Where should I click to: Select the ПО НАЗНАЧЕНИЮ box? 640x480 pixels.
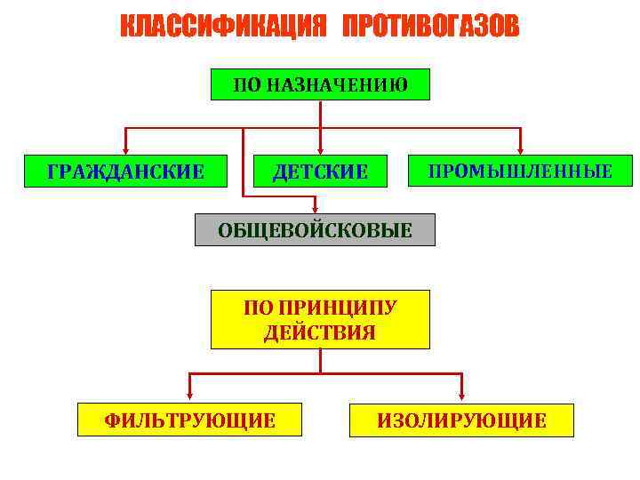tap(320, 85)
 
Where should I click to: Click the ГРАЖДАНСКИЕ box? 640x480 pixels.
tap(125, 171)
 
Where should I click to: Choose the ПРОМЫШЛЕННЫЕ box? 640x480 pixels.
tap(520, 171)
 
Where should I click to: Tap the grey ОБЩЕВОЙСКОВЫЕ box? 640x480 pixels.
tap(315, 230)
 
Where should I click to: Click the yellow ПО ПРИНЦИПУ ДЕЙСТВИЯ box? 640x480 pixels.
tap(320, 319)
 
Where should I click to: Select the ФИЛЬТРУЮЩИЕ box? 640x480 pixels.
tap(189, 420)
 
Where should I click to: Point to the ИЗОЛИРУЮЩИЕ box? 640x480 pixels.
tap(461, 420)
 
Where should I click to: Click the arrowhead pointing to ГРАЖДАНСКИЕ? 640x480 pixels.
tap(125, 149)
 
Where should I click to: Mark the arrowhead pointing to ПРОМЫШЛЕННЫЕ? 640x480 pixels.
tap(520, 149)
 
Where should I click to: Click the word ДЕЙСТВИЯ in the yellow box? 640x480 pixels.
tap(320, 332)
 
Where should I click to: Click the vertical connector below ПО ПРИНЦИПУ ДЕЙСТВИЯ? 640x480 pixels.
tap(320, 361)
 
